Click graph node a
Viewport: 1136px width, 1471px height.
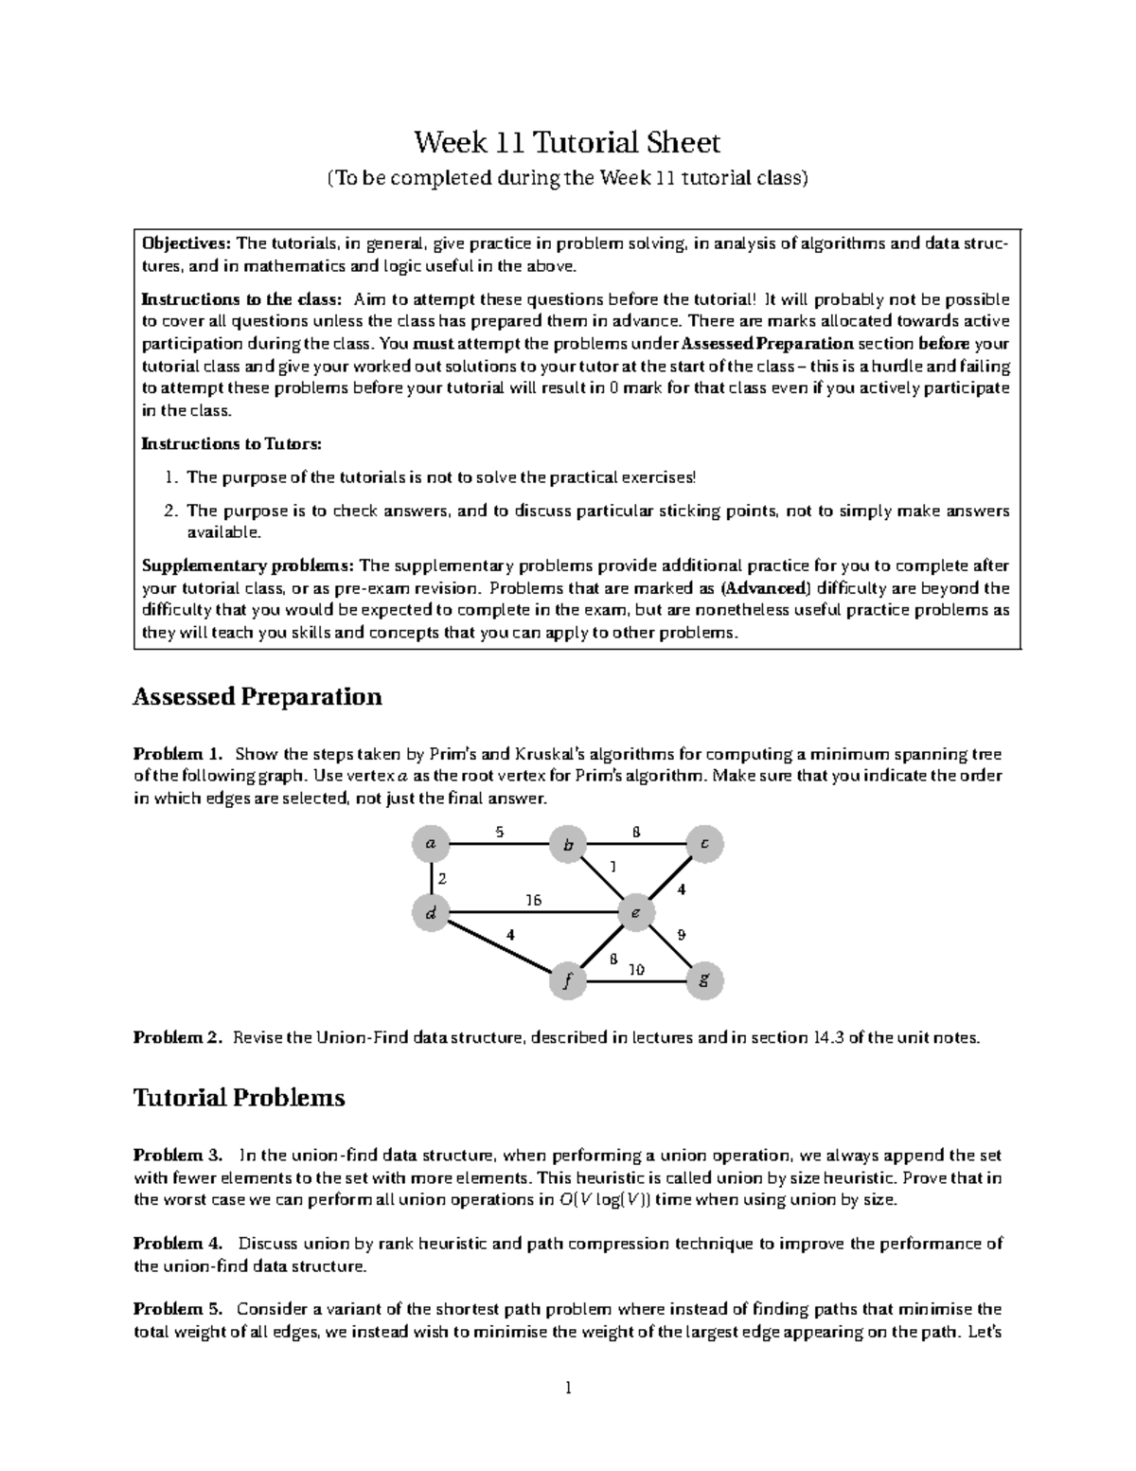coord(432,842)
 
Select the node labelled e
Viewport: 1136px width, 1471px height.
coord(635,913)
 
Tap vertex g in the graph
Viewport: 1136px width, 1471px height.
coord(704,980)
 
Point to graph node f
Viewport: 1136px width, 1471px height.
coord(567,981)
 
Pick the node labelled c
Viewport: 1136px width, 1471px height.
coord(704,842)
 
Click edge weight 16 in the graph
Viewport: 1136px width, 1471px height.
coord(534,900)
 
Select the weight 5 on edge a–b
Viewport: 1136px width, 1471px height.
coord(499,832)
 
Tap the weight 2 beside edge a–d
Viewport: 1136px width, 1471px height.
coord(442,878)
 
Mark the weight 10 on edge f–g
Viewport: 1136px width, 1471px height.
coord(636,969)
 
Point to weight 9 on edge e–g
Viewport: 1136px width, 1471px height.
coord(681,935)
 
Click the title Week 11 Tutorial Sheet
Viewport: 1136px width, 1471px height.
coord(567,143)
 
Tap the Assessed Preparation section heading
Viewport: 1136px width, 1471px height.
coord(257,697)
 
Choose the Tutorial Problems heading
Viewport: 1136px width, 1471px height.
coord(239,1098)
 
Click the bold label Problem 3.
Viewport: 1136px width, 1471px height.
coord(178,1156)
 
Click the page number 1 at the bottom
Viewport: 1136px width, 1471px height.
coord(568,1389)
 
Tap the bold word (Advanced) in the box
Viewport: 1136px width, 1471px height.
coord(760,588)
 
